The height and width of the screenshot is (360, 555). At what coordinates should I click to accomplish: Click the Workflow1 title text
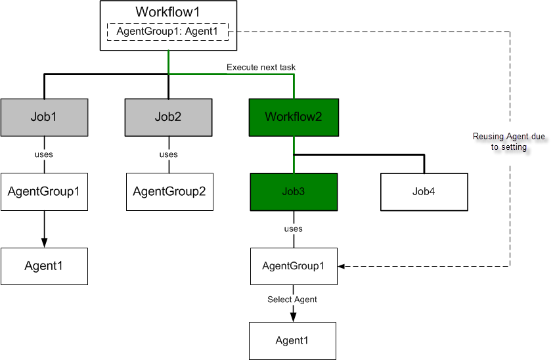(x=167, y=12)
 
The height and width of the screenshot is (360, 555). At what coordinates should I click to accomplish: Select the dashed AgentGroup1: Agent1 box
(x=167, y=31)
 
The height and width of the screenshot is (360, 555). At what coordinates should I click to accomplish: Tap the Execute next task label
(x=256, y=67)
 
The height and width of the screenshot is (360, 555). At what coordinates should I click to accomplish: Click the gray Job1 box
(x=44, y=118)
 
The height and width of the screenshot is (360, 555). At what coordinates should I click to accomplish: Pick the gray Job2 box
(x=169, y=118)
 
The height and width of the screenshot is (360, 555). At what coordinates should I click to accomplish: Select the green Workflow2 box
(x=294, y=118)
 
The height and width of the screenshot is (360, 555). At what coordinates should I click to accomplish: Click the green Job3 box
(x=294, y=192)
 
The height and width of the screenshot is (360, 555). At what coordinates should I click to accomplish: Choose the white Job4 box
(x=424, y=192)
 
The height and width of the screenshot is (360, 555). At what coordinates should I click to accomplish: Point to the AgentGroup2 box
(x=169, y=192)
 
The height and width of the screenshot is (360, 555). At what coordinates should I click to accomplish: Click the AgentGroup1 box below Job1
(x=44, y=192)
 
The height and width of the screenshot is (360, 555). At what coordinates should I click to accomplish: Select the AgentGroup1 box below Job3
(x=294, y=266)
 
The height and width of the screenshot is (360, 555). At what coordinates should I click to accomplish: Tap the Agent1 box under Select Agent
(x=292, y=340)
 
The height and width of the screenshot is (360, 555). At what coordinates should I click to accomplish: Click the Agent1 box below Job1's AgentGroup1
(x=44, y=266)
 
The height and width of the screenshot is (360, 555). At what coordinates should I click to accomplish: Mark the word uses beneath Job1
(x=44, y=155)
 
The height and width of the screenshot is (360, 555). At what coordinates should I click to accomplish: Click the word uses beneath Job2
(x=169, y=155)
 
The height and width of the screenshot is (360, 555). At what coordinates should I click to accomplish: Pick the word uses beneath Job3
(x=294, y=229)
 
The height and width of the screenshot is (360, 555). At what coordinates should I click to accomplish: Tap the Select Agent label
(x=292, y=300)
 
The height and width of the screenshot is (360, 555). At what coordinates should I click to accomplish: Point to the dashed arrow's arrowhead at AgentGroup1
(x=342, y=266)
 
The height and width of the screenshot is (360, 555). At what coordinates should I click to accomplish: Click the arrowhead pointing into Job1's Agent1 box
(x=44, y=243)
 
